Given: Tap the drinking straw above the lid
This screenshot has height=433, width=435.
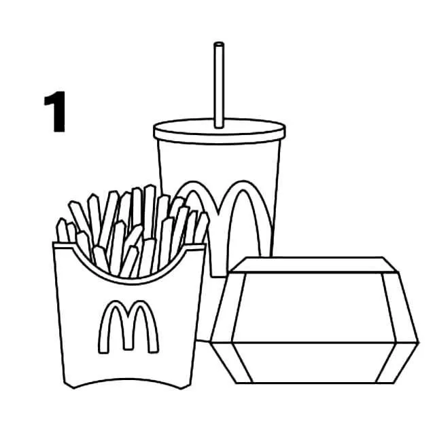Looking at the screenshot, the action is point(219,85).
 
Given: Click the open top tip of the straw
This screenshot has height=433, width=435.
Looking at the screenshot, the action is point(219,44).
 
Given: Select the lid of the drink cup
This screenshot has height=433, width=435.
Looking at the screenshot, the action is point(220,131).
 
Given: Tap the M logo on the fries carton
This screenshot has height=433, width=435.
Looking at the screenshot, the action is point(128,327).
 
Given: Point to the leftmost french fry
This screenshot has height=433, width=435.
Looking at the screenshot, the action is point(62,230).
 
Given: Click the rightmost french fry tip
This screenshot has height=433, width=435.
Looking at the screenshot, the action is point(204,216).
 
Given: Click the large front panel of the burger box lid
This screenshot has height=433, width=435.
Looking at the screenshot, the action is point(313,307).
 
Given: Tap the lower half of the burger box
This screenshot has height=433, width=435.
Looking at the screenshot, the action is point(313,363).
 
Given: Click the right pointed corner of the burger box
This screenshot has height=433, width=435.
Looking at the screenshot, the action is point(418,343).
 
